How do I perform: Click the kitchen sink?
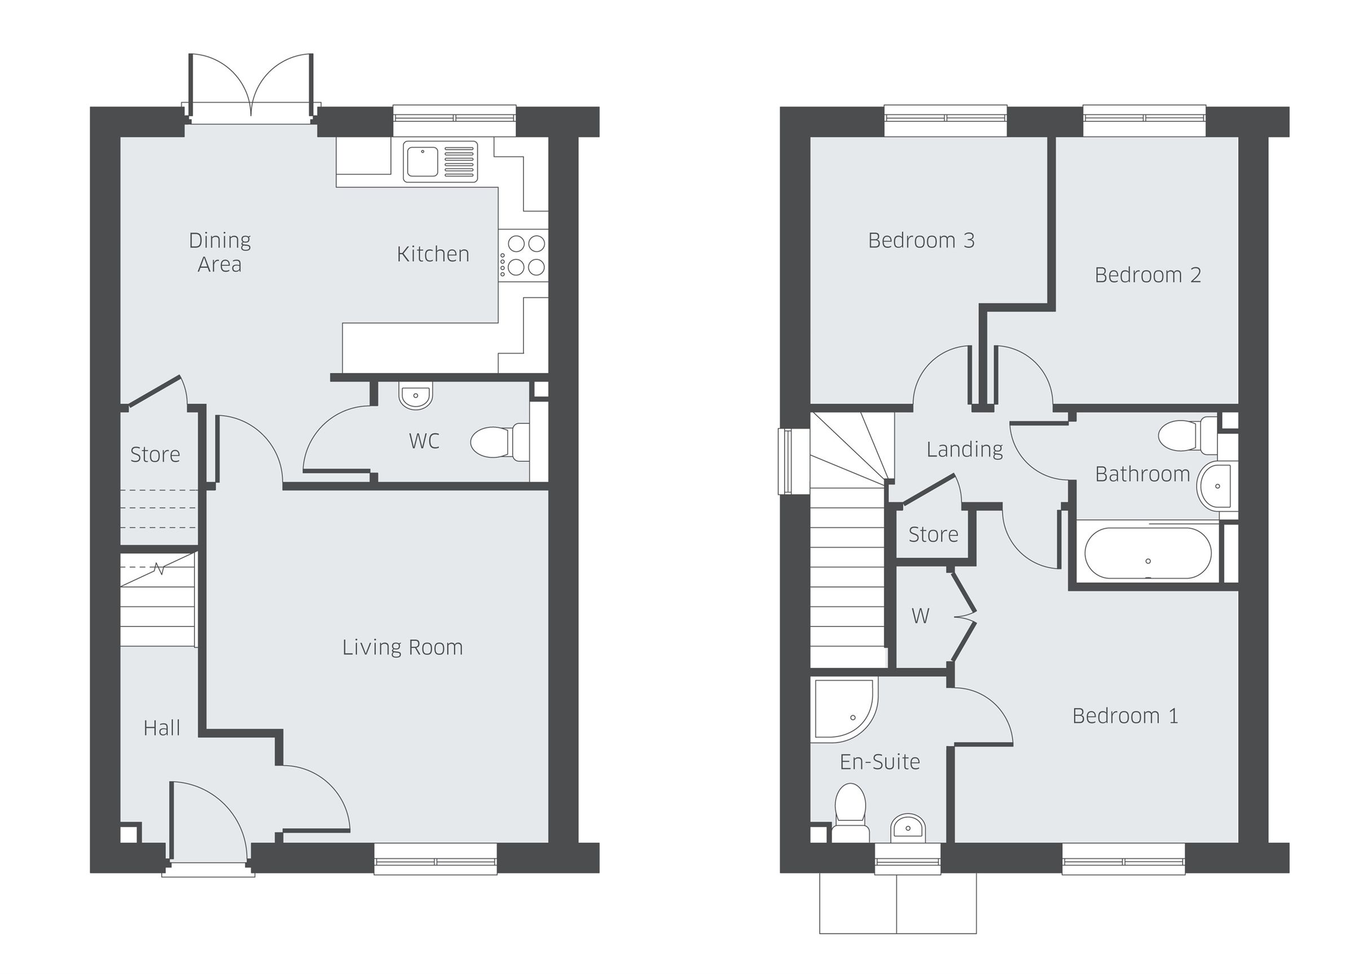point(440,161)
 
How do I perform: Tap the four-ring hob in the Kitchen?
point(523,255)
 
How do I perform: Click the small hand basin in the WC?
point(416,396)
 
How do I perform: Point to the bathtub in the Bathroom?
point(1148,553)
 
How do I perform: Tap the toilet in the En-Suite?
point(850,812)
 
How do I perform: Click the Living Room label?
point(402,647)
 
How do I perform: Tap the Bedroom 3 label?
point(921,240)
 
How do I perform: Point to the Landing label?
point(964,449)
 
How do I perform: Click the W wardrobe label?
point(920,616)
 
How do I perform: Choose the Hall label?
point(162,728)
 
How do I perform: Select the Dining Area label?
point(219,252)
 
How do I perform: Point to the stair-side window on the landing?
point(787,461)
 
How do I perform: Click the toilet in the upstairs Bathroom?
point(1185,435)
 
